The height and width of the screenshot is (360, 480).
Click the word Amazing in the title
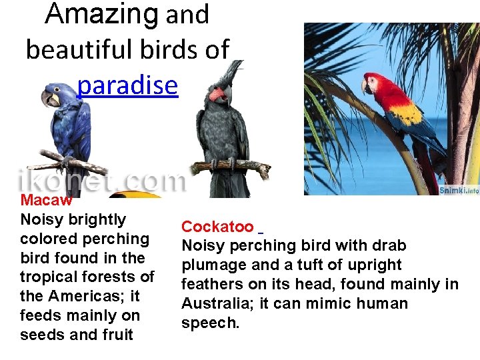coord(102,15)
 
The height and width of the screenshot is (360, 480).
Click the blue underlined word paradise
coord(127,85)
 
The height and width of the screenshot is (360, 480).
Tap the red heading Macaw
coord(46,200)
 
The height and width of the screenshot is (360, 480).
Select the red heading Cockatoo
coord(217,227)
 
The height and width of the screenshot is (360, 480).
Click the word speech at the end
coord(209,323)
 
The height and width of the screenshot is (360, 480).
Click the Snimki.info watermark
coord(459,191)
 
